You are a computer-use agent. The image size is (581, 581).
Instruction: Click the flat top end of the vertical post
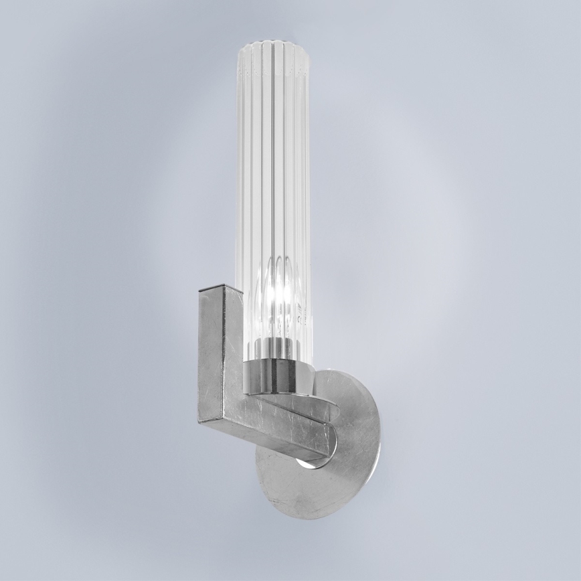(221, 289)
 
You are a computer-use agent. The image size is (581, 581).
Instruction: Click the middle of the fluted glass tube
(272, 167)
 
